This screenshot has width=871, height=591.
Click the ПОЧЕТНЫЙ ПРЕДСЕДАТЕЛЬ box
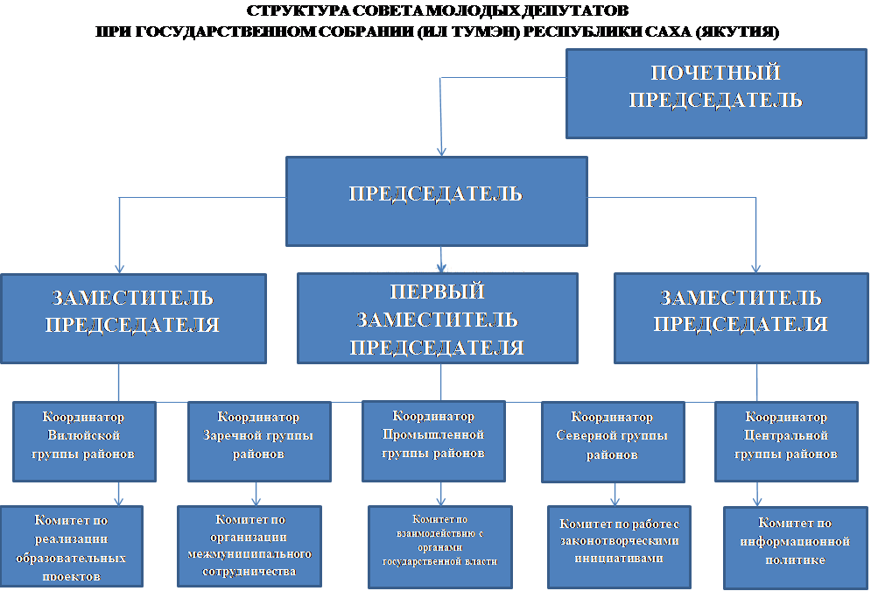716,94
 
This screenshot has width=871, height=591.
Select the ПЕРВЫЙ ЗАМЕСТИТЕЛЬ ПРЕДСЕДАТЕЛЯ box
437,319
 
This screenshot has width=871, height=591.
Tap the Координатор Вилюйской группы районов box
84,441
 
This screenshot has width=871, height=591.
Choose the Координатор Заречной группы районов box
259,441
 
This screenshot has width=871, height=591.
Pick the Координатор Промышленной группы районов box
433,441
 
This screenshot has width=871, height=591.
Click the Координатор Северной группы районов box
613,442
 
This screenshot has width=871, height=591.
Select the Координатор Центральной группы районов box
786,441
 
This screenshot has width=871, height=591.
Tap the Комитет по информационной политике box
796,547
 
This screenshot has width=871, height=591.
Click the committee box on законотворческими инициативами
619,546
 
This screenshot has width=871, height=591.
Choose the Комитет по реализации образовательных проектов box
71,546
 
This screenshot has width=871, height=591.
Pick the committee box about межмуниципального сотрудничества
249,546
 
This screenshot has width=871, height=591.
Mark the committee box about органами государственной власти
440,546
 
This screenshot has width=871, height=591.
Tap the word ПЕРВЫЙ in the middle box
437,292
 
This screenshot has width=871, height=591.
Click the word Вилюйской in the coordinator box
84,435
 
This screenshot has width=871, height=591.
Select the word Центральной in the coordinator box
786,435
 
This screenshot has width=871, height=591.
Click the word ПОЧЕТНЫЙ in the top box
716,73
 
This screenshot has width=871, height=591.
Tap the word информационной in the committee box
795,541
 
